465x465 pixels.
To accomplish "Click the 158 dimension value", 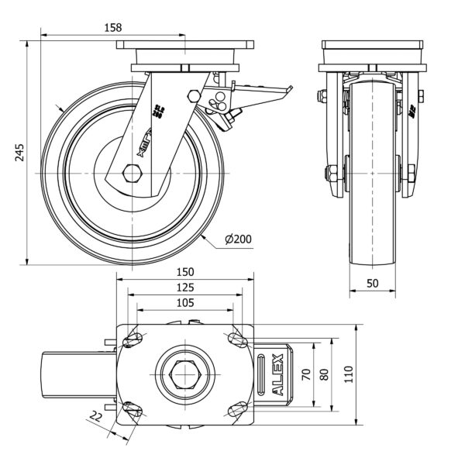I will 113,27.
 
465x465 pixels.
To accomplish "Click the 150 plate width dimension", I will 184,272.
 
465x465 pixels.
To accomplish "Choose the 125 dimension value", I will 184,288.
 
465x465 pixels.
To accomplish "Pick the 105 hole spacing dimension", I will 184,303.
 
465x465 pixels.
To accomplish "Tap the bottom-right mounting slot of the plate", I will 236,408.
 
